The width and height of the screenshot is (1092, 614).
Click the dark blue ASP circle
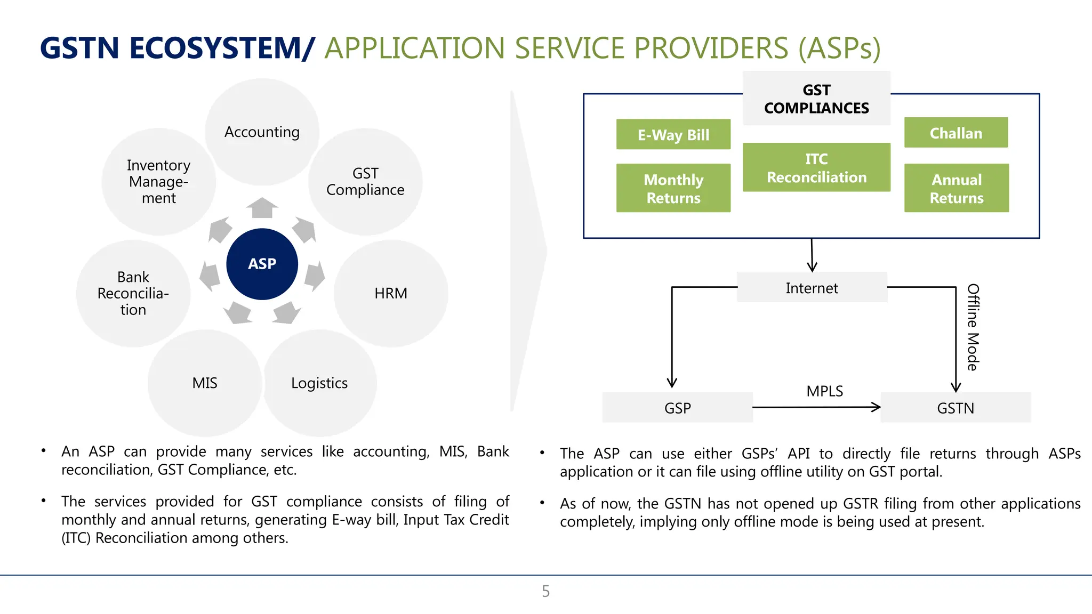tap(262, 264)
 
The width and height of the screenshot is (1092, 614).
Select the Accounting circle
tap(262, 132)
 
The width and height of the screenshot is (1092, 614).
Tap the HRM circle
tap(390, 293)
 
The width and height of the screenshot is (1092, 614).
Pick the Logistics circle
tap(319, 383)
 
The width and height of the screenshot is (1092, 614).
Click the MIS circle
tap(205, 383)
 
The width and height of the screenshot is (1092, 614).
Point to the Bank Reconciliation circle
tap(133, 293)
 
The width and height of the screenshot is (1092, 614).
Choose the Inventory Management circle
tap(158, 181)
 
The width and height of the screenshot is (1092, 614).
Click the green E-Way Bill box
tap(673, 134)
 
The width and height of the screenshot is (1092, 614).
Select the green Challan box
tap(955, 133)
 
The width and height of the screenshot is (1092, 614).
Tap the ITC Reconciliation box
tap(816, 167)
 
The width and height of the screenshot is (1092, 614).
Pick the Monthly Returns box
tap(673, 188)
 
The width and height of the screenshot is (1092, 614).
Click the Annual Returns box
tap(956, 188)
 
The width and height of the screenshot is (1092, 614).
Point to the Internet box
tap(812, 288)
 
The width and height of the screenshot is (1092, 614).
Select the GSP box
tap(677, 408)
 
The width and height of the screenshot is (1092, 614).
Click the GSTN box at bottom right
tap(955, 408)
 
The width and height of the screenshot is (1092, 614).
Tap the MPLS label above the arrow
tap(824, 391)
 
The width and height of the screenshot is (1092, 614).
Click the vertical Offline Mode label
tap(973, 327)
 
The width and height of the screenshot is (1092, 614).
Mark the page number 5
tap(545, 591)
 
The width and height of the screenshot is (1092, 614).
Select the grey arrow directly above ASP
tap(262, 208)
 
